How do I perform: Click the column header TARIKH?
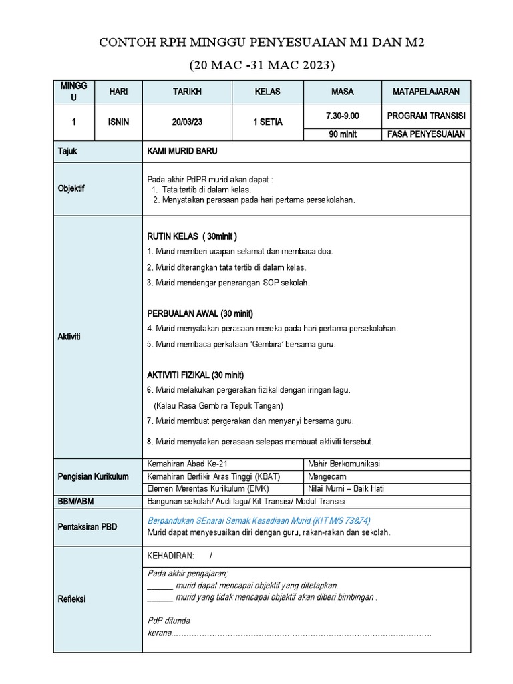click(x=187, y=91)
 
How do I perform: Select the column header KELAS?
click(x=267, y=91)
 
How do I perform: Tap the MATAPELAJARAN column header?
click(x=425, y=91)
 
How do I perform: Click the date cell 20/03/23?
click(x=187, y=122)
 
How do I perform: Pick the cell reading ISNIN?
click(x=119, y=122)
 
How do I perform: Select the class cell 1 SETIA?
click(x=267, y=122)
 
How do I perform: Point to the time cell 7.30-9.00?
click(x=342, y=116)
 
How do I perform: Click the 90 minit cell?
click(x=342, y=134)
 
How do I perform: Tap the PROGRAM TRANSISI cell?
click(x=425, y=116)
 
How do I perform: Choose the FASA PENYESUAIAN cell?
click(x=425, y=134)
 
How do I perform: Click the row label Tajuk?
click(x=67, y=152)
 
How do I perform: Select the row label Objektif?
click(x=71, y=189)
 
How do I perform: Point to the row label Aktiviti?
click(x=69, y=336)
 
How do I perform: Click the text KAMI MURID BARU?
click(x=182, y=152)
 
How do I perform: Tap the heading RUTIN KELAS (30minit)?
click(x=192, y=236)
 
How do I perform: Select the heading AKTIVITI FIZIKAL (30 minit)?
click(x=195, y=375)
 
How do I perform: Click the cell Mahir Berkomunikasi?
click(x=343, y=464)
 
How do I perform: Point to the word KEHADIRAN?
click(x=170, y=556)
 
